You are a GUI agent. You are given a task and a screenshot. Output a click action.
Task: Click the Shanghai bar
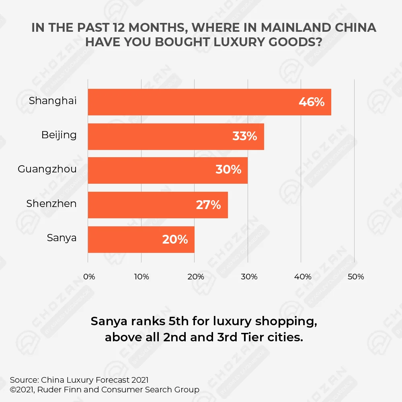209,102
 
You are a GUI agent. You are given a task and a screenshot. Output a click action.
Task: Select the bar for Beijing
176,137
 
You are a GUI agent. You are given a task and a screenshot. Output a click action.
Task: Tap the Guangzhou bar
168,170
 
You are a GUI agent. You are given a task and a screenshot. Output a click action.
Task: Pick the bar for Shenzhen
158,205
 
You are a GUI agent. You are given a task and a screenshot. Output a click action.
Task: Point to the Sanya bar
141,240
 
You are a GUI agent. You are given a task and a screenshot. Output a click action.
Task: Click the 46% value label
311,102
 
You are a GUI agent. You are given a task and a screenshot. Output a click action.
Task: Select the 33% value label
244,137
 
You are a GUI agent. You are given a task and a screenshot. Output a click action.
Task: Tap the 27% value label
208,205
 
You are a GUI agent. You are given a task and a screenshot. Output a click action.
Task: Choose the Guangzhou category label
47,169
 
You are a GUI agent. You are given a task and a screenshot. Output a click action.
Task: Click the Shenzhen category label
51,204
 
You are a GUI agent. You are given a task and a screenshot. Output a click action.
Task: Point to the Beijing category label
59,135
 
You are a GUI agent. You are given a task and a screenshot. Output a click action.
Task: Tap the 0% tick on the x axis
89,277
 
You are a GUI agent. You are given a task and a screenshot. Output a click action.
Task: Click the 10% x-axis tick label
142,277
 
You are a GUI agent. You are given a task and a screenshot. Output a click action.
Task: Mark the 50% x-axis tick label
355,277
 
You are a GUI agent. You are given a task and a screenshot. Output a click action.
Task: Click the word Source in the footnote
24,380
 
